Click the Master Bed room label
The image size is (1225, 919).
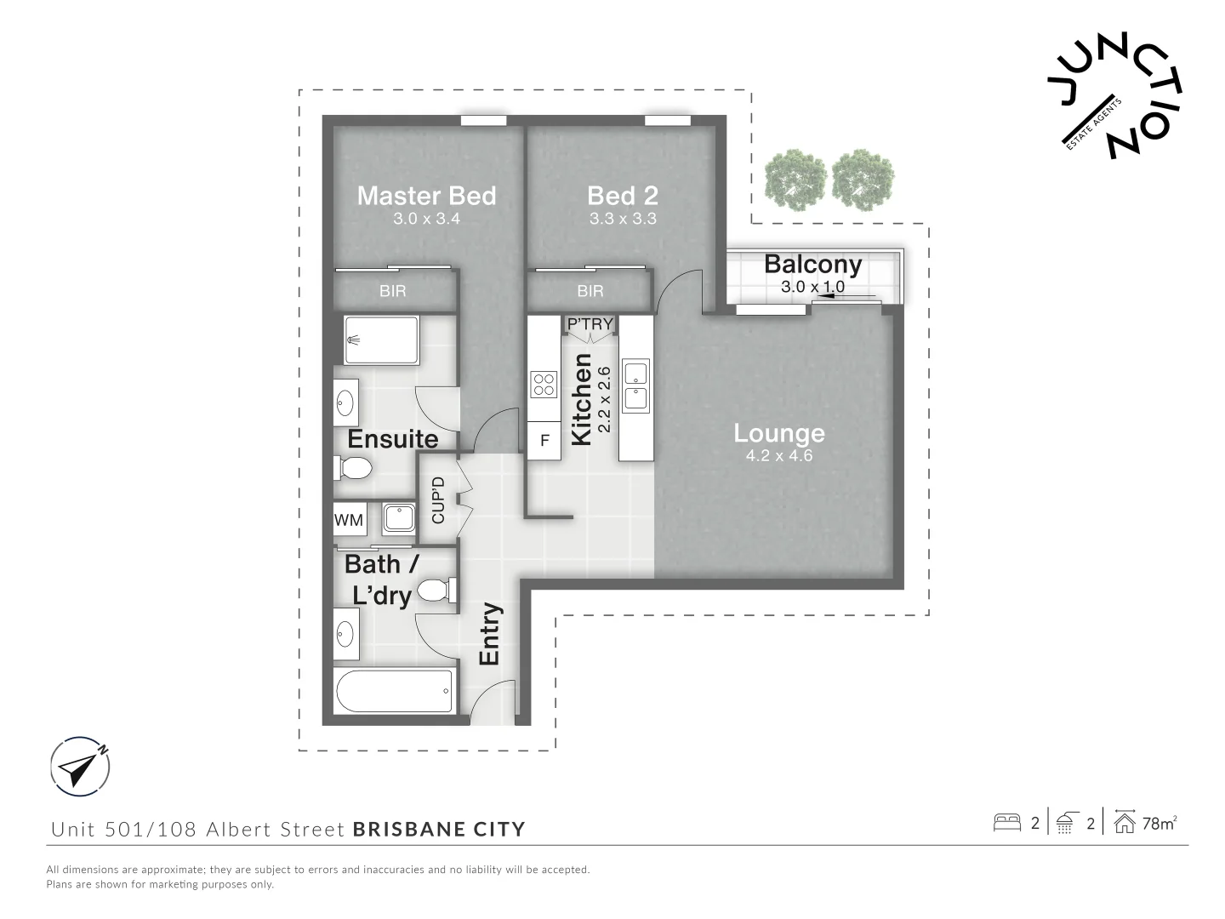(x=426, y=196)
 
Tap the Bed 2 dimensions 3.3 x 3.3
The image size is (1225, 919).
(x=623, y=219)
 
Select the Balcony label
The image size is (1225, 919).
(x=812, y=264)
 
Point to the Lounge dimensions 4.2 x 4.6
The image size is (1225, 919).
(x=778, y=455)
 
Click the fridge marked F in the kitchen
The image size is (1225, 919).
(x=544, y=441)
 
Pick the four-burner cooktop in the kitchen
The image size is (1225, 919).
(x=543, y=384)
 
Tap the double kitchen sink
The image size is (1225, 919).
(x=635, y=385)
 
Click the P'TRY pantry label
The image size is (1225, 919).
(x=590, y=324)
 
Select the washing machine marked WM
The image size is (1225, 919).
(x=349, y=520)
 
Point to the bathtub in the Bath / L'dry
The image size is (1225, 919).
(x=395, y=692)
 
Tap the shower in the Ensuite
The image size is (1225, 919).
(x=380, y=340)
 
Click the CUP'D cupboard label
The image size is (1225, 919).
(x=438, y=499)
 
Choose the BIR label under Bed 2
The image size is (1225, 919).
(x=590, y=291)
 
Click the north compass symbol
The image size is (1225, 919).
(x=79, y=766)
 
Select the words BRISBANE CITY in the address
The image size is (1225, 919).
(x=439, y=829)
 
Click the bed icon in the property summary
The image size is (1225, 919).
(x=1007, y=823)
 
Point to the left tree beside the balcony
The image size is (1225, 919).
(x=795, y=180)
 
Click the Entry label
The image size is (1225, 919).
(x=490, y=634)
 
